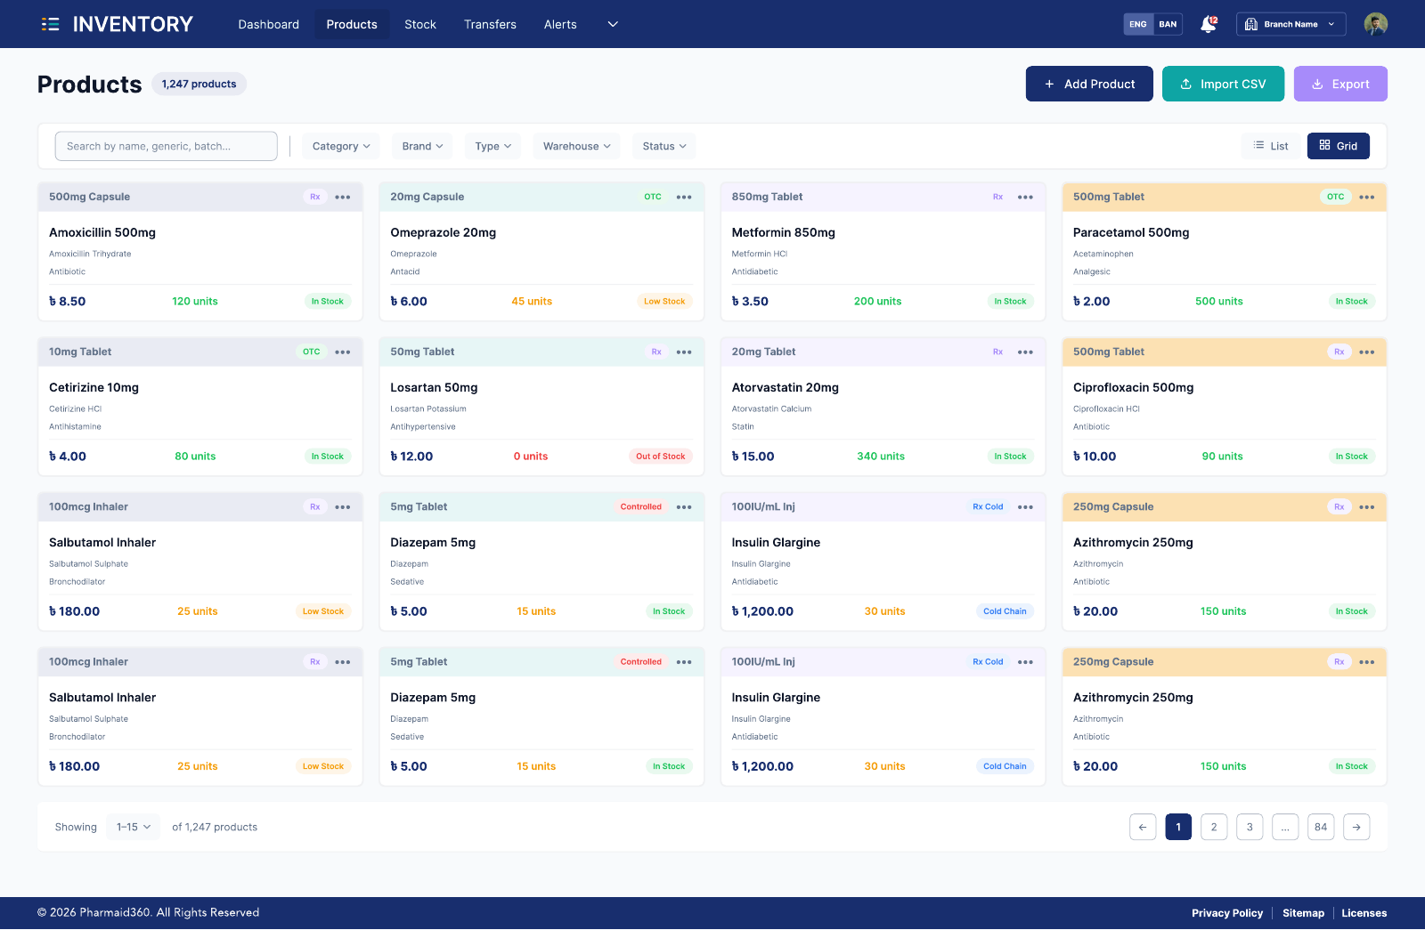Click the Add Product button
[1089, 84]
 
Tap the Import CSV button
[1223, 84]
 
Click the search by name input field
[166, 146]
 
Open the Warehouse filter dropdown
[576, 146]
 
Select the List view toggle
[1270, 146]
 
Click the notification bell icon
[1208, 24]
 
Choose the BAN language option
[1168, 24]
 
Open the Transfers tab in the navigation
[490, 24]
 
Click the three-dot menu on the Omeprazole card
[684, 197]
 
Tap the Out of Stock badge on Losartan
[660, 457]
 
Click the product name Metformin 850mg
[783, 232]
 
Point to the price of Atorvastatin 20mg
[753, 457]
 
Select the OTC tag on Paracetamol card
[1335, 197]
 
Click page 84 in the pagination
[1321, 827]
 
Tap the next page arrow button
[1356, 827]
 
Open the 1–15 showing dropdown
[133, 827]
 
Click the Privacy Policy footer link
[1227, 913]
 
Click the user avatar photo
[1375, 24]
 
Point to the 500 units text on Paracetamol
[1219, 302]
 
